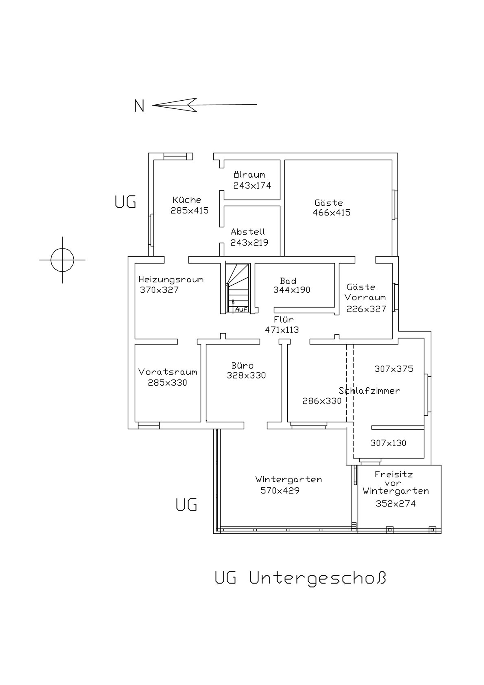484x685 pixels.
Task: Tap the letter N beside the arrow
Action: pos(139,106)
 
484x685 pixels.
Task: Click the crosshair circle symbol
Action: pos(62,260)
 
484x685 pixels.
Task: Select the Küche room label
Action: pos(187,200)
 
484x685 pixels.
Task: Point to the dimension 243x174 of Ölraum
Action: pos(252,186)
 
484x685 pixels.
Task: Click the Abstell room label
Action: pos(248,232)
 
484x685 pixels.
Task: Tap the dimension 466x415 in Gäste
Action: pos(331,213)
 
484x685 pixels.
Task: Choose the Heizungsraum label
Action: pos(171,280)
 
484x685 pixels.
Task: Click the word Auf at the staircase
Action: pos(241,309)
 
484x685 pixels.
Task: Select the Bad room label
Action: pos(288,281)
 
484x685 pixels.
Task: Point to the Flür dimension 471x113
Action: pos(282,330)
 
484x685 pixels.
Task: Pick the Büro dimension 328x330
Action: pos(246,375)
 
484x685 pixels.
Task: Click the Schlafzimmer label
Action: pos(370,391)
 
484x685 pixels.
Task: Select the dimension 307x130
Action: pos(388,443)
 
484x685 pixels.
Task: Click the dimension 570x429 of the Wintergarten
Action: pos(280,490)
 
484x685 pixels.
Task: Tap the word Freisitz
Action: pos(394,474)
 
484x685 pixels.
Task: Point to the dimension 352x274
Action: pos(396,504)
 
